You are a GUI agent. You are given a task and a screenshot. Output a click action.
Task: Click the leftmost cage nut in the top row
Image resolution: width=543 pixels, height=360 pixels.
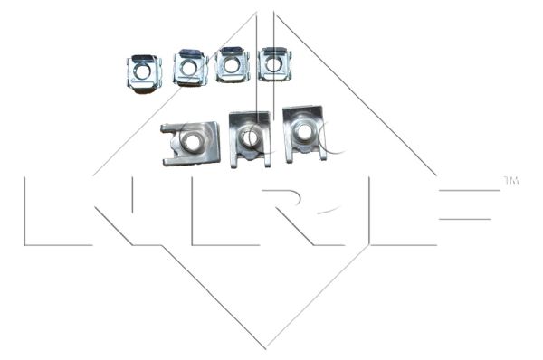click(x=144, y=72)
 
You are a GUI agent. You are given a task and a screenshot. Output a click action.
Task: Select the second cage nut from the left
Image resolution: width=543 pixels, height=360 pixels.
click(x=190, y=68)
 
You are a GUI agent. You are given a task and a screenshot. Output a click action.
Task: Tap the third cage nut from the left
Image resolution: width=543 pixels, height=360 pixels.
click(x=232, y=65)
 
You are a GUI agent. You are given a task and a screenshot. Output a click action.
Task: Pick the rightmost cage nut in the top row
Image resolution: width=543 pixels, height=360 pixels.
click(x=274, y=64)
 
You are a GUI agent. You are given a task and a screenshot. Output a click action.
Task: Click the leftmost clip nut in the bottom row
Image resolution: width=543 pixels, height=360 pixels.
click(x=190, y=143)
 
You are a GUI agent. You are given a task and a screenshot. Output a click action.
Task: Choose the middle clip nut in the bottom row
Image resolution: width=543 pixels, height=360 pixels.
click(x=251, y=137)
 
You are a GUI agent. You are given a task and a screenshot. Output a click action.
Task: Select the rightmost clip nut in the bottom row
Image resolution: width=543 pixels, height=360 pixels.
click(x=303, y=134)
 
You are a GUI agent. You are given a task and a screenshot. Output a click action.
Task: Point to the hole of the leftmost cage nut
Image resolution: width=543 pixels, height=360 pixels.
click(x=143, y=71)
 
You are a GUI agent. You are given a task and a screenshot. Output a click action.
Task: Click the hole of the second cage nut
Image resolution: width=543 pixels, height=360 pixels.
click(x=189, y=67)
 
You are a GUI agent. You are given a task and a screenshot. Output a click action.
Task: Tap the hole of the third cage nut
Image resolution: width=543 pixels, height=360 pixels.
click(x=232, y=65)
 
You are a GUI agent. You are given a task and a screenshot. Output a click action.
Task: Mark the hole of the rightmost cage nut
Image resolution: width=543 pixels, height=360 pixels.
click(x=273, y=64)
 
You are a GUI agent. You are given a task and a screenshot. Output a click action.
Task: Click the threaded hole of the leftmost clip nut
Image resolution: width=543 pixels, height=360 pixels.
click(x=193, y=141)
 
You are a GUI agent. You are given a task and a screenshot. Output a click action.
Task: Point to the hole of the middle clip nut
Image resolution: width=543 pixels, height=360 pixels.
click(x=251, y=137)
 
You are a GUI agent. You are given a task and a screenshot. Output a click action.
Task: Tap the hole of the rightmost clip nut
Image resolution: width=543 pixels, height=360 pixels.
click(x=305, y=132)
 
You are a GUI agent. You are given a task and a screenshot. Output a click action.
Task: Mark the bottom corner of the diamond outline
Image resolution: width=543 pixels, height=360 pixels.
click(x=265, y=347)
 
